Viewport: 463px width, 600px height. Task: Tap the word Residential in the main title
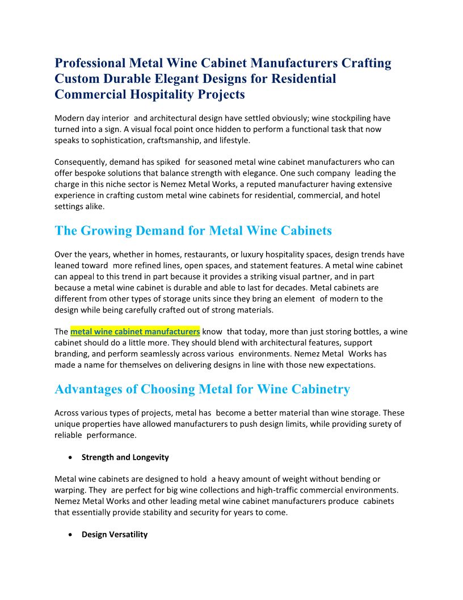click(304, 79)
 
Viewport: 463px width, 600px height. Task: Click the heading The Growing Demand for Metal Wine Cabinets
click(193, 231)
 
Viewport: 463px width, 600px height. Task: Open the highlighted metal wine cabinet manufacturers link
click(135, 332)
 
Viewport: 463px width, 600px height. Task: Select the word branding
click(71, 354)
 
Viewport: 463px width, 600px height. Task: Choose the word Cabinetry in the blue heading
click(321, 389)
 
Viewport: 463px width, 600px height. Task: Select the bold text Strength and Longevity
click(125, 457)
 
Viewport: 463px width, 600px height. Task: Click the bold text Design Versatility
click(115, 535)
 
